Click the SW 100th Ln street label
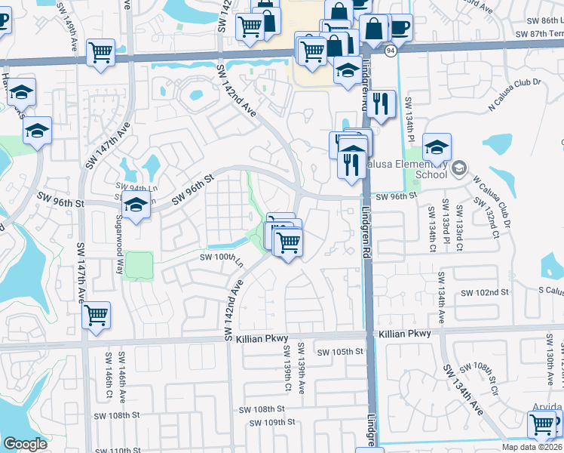click(x=221, y=258)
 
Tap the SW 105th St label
click(x=340, y=352)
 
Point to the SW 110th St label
click(x=109, y=451)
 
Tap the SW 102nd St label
click(x=484, y=292)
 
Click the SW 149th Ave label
click(x=73, y=37)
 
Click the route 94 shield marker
click(x=390, y=51)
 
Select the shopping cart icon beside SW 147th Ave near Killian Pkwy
click(x=97, y=315)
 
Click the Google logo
click(x=25, y=443)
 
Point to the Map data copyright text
click(x=532, y=447)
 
